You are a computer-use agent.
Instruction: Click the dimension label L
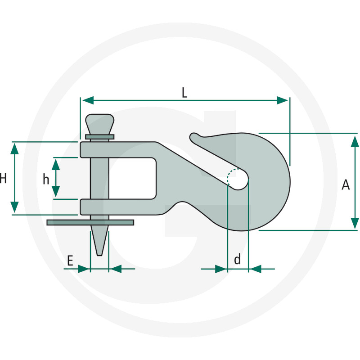pyautogui.click(x=184, y=93)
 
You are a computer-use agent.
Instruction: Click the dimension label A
pyautogui.click(x=346, y=184)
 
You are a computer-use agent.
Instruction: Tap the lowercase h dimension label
pyautogui.click(x=46, y=179)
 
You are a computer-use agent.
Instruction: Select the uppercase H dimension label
pyautogui.click(x=3, y=178)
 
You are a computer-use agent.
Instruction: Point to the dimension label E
pyautogui.click(x=70, y=261)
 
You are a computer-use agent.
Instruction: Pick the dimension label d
pyautogui.click(x=238, y=259)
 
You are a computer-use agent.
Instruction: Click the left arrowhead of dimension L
pyautogui.click(x=88, y=100)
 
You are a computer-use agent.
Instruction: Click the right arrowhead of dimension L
pyautogui.click(x=282, y=100)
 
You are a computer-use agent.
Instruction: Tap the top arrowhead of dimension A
pyautogui.click(x=355, y=141)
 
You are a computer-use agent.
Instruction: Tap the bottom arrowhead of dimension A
pyautogui.click(x=355, y=223)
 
